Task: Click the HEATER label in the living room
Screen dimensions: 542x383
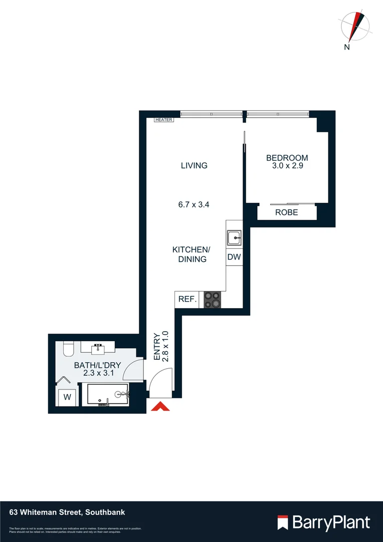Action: click(164, 120)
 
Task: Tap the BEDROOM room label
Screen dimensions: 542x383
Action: click(287, 158)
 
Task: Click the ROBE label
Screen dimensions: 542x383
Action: click(287, 212)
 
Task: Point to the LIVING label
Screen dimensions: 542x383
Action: click(194, 166)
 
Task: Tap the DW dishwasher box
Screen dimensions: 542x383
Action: click(234, 257)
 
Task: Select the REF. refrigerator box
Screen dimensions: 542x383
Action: click(187, 300)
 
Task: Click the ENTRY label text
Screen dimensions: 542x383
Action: click(157, 347)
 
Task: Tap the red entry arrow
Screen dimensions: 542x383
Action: click(160, 406)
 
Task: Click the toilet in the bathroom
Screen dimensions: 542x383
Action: click(69, 348)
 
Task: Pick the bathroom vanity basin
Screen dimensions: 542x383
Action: click(98, 347)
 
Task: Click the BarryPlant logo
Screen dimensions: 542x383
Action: click(324, 522)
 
